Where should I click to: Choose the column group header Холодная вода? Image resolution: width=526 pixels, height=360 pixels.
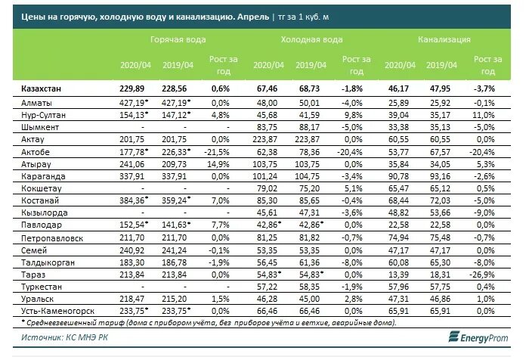click(311, 39)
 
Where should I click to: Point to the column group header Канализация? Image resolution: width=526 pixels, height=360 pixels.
click(444, 39)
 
